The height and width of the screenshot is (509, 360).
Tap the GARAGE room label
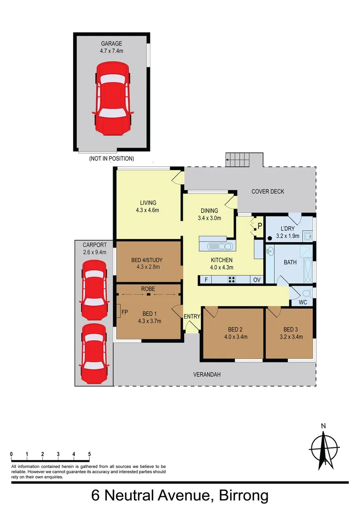111,44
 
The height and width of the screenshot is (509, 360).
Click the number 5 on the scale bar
89,454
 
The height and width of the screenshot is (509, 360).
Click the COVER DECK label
268,191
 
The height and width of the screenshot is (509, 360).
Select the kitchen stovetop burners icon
232,279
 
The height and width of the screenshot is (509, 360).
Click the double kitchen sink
221,246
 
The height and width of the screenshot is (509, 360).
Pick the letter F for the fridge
205,279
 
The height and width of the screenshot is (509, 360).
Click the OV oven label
257,279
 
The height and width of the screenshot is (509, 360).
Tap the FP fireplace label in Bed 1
124,312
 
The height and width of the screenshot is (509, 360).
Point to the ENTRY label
192,316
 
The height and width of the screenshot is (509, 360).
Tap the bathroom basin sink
270,250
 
